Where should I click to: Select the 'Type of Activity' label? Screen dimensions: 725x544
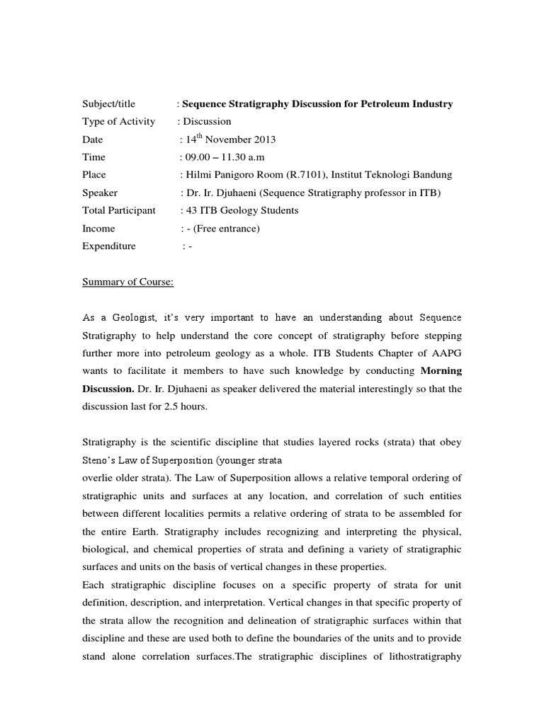point(118,122)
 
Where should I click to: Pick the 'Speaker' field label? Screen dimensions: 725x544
point(100,193)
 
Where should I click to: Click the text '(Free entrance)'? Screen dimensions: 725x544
point(229,229)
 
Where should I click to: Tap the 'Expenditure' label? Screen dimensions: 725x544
point(108,246)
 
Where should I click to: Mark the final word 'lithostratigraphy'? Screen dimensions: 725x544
point(422,656)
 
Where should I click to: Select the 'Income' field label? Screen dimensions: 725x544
point(98,229)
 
